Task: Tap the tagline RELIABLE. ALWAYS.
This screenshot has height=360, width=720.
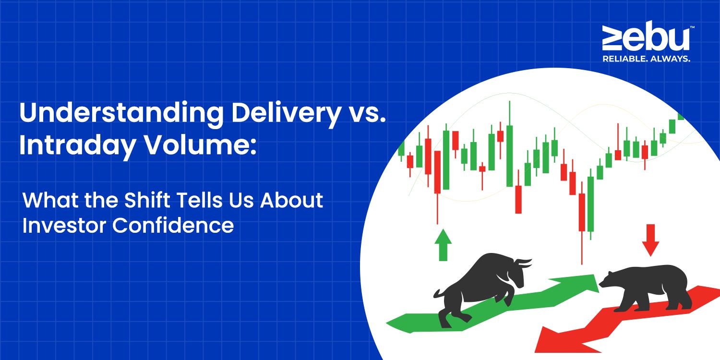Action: pos(646,59)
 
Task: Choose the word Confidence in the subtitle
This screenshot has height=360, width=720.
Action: pos(173,225)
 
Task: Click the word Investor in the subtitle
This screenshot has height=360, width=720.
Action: pos(64,225)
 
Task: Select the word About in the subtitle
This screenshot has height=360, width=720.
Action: pos(292,200)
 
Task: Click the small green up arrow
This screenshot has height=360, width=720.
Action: pos(443,245)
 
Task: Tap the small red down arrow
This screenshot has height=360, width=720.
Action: pos(650,240)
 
